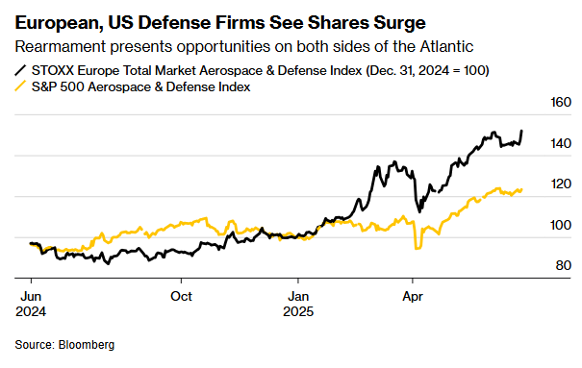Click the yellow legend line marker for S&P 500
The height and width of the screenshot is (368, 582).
click(x=22, y=86)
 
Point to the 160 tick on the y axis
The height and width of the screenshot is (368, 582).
click(x=561, y=103)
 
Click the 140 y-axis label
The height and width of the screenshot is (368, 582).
click(x=561, y=144)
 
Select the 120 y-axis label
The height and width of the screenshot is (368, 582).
click(x=561, y=184)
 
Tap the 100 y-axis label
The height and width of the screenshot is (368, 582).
click(x=561, y=225)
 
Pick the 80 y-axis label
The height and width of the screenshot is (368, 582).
click(x=564, y=265)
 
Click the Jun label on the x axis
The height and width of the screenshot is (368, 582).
click(x=32, y=296)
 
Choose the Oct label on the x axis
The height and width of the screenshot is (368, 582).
click(x=182, y=296)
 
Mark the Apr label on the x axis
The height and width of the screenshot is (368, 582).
click(x=414, y=296)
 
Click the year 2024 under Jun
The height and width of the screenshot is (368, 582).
click(x=32, y=311)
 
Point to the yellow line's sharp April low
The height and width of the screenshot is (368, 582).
click(x=417, y=249)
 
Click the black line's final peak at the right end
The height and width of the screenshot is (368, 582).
click(x=522, y=131)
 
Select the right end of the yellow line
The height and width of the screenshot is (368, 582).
click(x=522, y=189)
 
